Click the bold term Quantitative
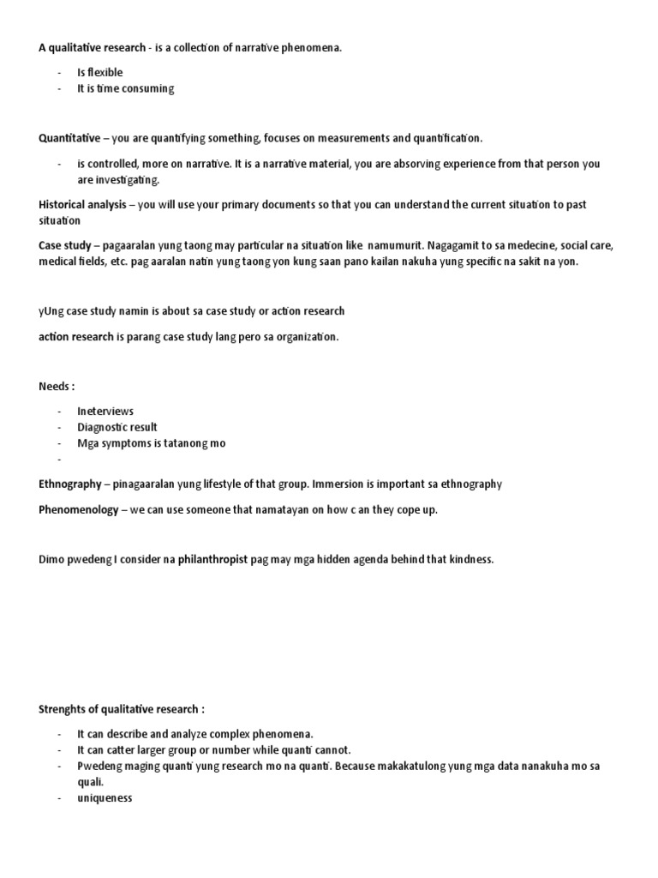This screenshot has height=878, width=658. point(69,137)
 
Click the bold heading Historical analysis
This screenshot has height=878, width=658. point(82,205)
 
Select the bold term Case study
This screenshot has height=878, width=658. point(64,245)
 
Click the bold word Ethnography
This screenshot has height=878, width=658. point(69,484)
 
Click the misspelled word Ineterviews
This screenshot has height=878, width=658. point(105,412)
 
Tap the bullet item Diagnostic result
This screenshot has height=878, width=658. point(117,427)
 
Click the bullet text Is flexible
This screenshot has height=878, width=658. point(100,73)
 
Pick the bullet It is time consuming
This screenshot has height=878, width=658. point(125,89)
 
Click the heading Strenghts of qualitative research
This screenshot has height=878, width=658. point(121,709)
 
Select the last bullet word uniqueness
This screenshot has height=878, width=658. point(105,798)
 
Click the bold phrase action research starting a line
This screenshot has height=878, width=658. point(75,336)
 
